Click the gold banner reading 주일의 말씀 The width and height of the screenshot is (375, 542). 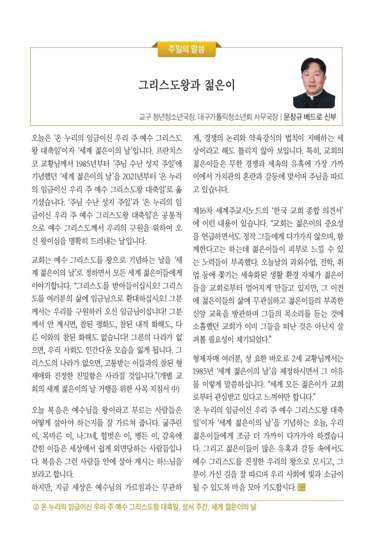[187, 49]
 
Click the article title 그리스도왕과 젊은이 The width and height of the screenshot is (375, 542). [186, 85]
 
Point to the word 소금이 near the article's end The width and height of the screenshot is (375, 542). [331, 474]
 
